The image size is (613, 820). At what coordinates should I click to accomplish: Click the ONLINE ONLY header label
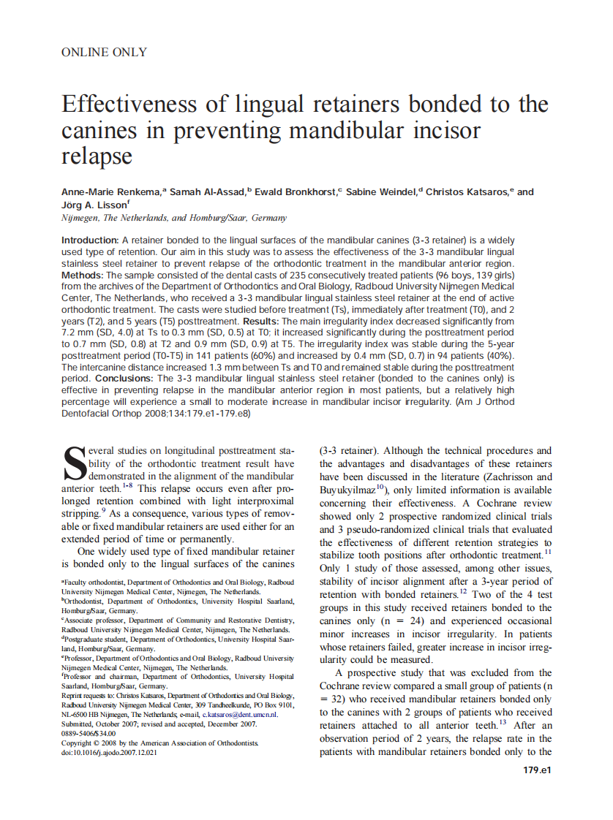click(104, 52)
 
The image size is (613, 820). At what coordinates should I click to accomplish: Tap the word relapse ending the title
click(97, 156)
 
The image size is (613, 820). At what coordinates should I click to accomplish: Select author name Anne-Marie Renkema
click(110, 192)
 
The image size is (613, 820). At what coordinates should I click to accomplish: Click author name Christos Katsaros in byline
click(467, 192)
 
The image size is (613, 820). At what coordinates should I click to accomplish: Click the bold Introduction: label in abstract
click(89, 240)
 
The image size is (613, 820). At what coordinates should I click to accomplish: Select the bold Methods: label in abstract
click(83, 274)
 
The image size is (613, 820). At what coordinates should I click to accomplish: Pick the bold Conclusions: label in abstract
click(124, 379)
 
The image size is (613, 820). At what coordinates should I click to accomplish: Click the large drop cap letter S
click(74, 465)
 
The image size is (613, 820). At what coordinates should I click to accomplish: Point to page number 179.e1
click(536, 770)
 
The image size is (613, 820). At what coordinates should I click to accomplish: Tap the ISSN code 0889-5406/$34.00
click(89, 733)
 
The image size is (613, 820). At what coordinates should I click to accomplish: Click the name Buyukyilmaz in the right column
click(347, 490)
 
